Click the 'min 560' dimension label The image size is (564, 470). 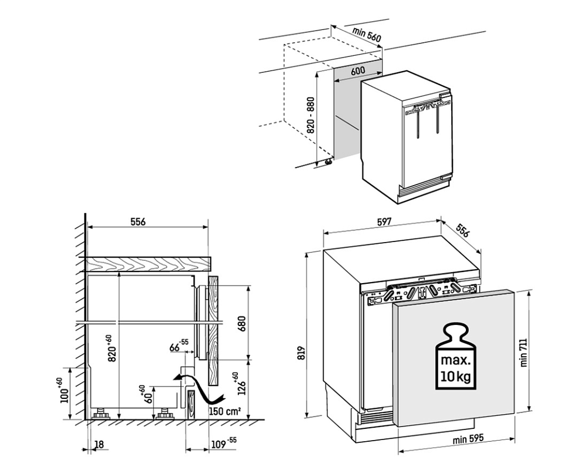click(367, 35)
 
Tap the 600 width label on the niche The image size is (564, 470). click(358, 70)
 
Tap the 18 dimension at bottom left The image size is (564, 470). click(99, 445)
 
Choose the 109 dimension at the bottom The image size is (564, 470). click(221, 444)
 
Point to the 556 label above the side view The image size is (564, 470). click(137, 221)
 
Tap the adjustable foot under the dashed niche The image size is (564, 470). click(324, 162)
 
